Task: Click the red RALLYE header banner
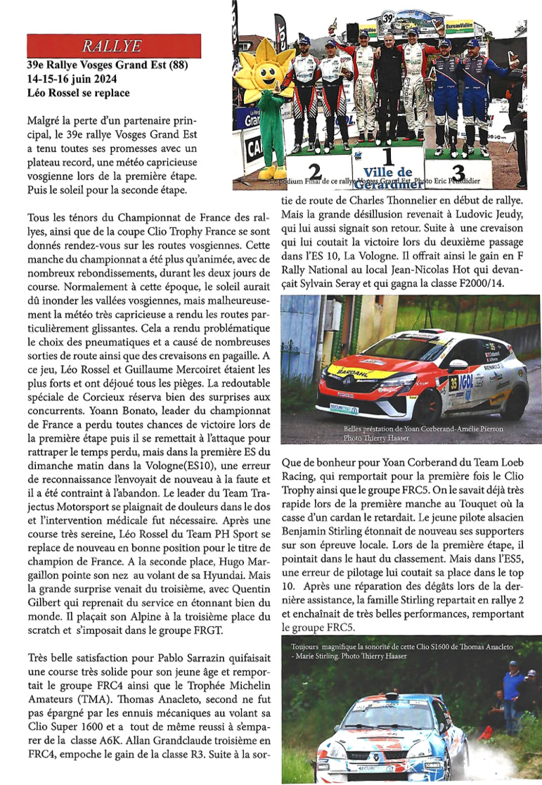click(x=113, y=46)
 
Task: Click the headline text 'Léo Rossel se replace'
click(x=77, y=93)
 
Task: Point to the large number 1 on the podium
click(x=387, y=156)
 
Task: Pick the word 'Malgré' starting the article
click(x=41, y=122)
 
